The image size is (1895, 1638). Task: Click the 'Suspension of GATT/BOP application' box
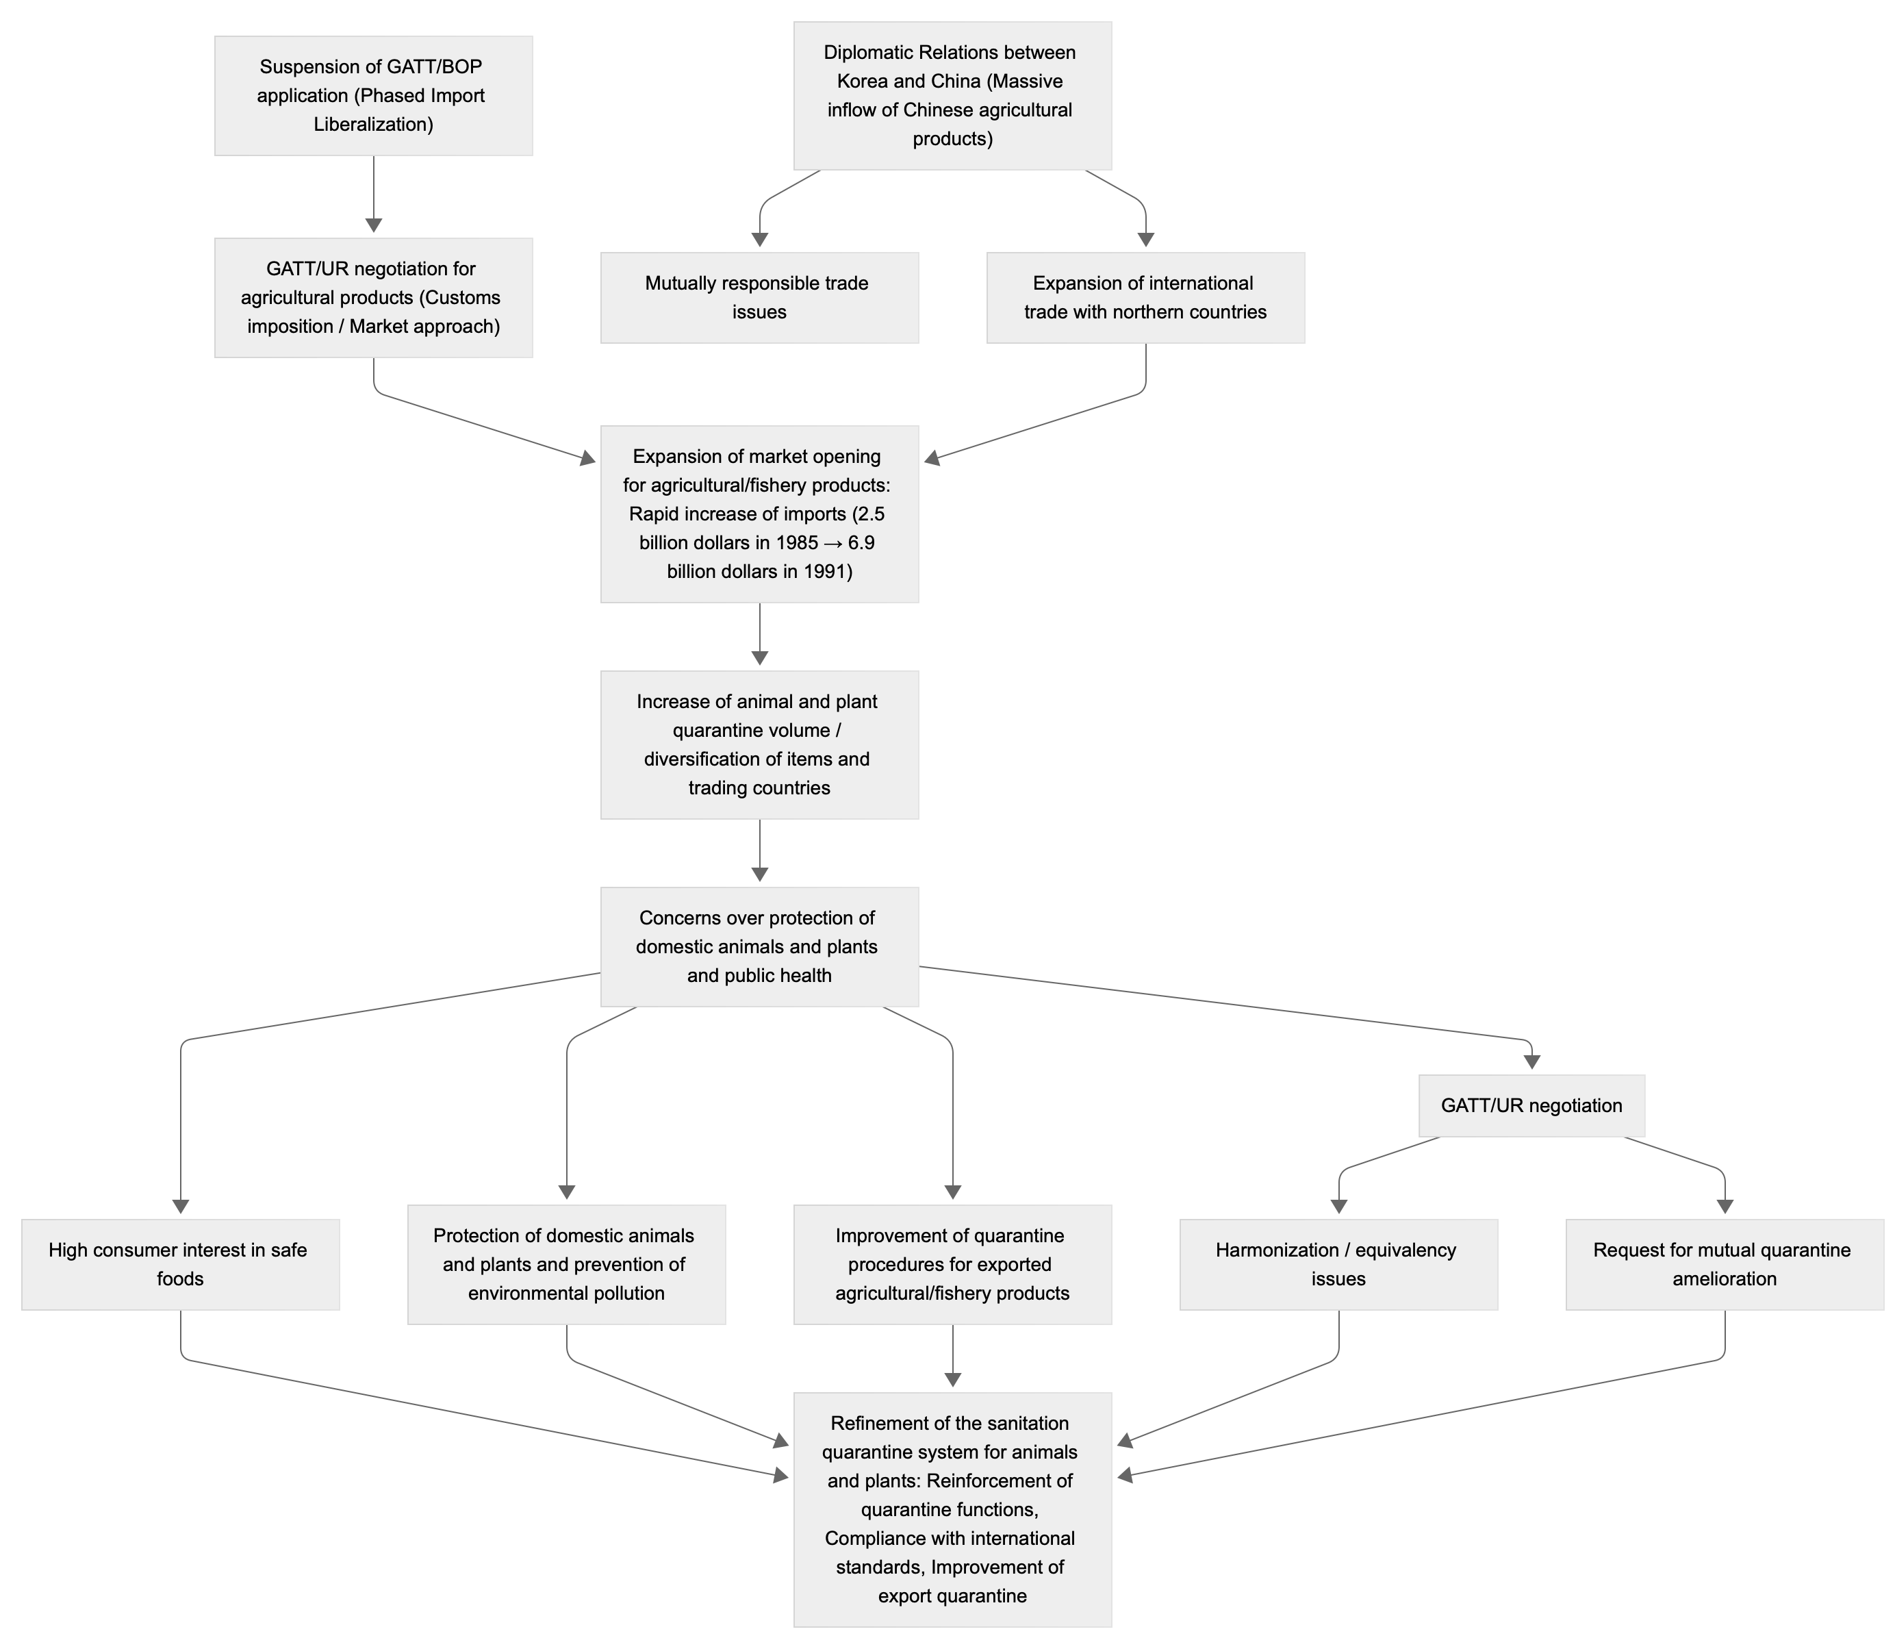click(x=373, y=96)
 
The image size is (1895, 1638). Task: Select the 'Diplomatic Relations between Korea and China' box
click(x=952, y=96)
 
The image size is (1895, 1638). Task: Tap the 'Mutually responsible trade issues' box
click(x=759, y=298)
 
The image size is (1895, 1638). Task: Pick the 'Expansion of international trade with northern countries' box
click(x=1145, y=298)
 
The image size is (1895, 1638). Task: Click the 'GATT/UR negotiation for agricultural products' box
click(x=373, y=298)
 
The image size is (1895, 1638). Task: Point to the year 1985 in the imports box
click(x=797, y=543)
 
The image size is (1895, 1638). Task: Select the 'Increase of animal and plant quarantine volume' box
click(x=759, y=744)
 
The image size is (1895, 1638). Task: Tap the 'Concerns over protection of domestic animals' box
click(x=759, y=946)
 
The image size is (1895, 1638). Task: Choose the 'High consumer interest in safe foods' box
click(x=180, y=1264)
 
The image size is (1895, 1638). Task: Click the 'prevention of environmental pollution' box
click(x=566, y=1264)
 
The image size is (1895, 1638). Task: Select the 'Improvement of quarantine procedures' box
click(x=952, y=1264)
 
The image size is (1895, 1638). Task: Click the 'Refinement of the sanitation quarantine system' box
click(x=952, y=1509)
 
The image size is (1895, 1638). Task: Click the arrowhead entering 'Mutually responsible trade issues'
click(x=759, y=240)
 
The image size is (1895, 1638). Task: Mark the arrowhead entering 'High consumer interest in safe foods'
click(x=180, y=1207)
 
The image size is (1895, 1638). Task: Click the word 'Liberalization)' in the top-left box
click(x=373, y=125)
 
